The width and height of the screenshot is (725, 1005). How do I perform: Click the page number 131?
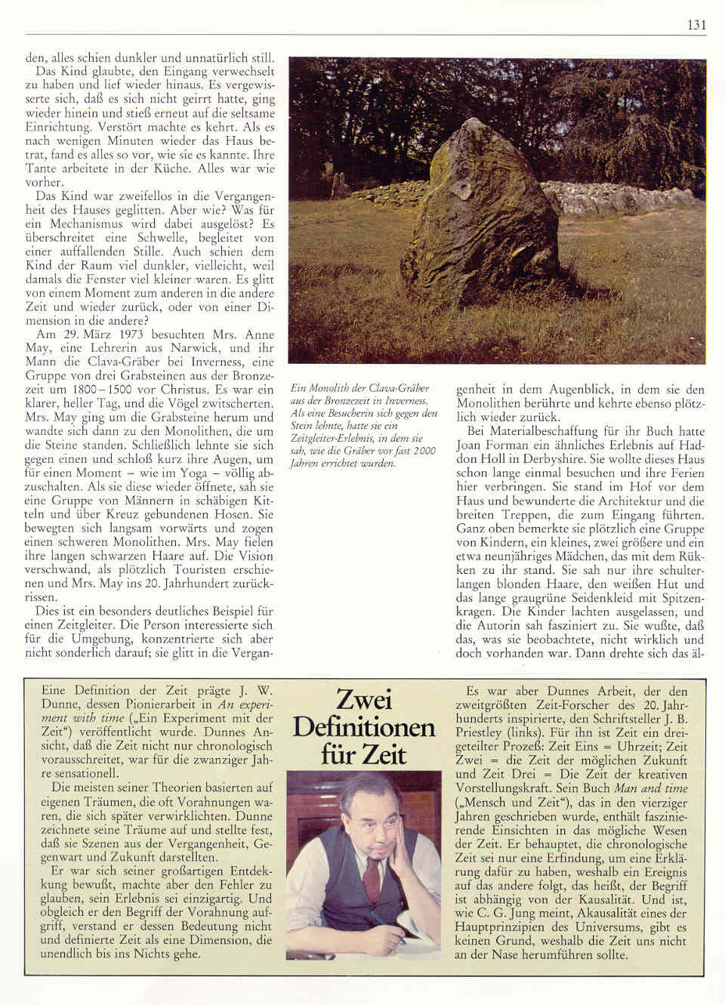click(x=696, y=25)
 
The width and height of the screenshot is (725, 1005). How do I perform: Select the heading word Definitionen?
click(x=363, y=726)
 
